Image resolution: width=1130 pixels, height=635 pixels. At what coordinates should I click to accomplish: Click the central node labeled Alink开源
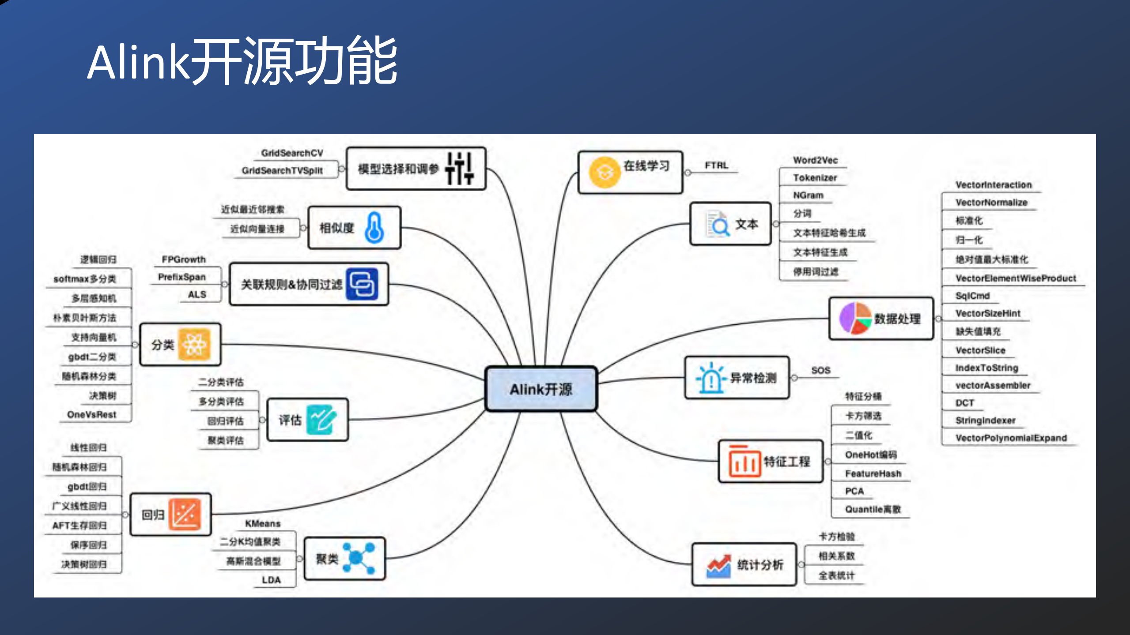click(x=541, y=389)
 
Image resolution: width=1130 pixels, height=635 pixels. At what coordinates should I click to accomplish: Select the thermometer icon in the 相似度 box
click(x=374, y=228)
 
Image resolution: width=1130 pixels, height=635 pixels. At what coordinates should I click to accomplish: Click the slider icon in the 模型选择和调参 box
click(x=459, y=169)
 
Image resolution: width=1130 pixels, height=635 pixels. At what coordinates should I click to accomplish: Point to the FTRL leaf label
click(x=716, y=165)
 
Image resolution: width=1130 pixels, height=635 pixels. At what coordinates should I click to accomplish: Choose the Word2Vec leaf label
click(x=815, y=160)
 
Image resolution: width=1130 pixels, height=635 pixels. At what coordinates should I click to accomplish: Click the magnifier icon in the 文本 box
click(x=718, y=225)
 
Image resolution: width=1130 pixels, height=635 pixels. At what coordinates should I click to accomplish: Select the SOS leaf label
click(x=820, y=370)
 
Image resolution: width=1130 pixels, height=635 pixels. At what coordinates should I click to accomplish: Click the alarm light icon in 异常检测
click(x=711, y=378)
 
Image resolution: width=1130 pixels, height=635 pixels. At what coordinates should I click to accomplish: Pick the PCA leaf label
click(x=854, y=491)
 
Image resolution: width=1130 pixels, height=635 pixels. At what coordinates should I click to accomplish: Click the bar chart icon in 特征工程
click(x=745, y=462)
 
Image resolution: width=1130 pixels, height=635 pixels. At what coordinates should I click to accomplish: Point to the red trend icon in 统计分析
click(x=718, y=566)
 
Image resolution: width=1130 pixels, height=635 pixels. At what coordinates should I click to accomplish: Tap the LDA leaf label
click(x=271, y=580)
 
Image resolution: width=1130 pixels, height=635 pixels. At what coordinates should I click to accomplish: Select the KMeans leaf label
click(x=263, y=523)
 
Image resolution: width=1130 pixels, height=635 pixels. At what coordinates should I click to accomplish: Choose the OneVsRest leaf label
click(x=91, y=415)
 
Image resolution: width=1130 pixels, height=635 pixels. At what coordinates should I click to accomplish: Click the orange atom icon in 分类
click(x=194, y=345)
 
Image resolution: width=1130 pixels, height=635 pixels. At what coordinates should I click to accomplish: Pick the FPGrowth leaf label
click(x=184, y=259)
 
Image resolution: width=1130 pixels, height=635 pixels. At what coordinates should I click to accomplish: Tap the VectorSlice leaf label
click(x=980, y=350)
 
